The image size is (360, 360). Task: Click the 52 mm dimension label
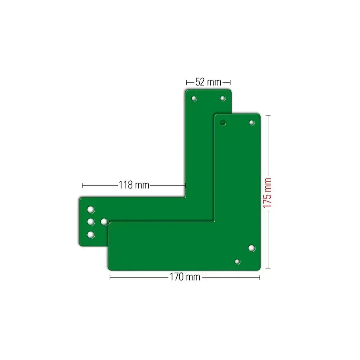click(x=208, y=82)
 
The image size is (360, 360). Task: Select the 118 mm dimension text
click(x=134, y=185)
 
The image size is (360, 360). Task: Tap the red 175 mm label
click(x=267, y=193)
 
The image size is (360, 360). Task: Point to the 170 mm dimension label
click(x=185, y=277)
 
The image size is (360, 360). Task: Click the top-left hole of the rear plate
click(x=194, y=98)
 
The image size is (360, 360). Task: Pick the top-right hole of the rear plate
click(x=223, y=98)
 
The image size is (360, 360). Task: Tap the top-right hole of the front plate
click(x=252, y=123)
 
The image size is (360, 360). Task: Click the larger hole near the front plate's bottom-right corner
click(x=252, y=248)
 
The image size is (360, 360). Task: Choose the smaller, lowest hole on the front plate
click(x=237, y=262)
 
